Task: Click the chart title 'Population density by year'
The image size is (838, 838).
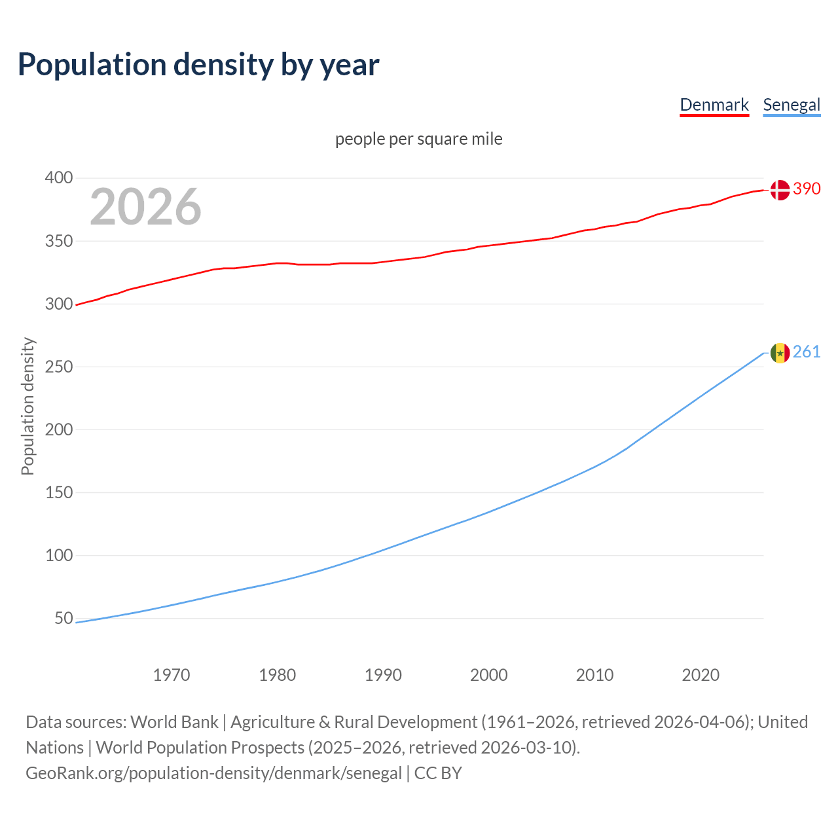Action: pyautogui.click(x=198, y=64)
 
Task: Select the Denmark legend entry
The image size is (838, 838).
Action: pyautogui.click(x=714, y=105)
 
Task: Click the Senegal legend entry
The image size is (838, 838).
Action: pyautogui.click(x=792, y=105)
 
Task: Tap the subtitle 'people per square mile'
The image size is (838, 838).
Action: pyautogui.click(x=418, y=139)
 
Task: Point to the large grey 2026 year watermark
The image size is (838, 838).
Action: pyautogui.click(x=145, y=207)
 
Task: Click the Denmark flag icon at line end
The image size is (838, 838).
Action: pyautogui.click(x=780, y=190)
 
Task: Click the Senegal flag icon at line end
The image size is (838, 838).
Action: pyautogui.click(x=780, y=353)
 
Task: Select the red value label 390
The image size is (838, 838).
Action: pyautogui.click(x=807, y=189)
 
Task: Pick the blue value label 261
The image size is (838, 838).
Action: pyautogui.click(x=807, y=352)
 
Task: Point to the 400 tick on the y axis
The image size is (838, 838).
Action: pyautogui.click(x=58, y=178)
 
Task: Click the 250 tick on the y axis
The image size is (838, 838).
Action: pyautogui.click(x=58, y=367)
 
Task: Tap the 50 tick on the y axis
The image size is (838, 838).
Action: pyautogui.click(x=64, y=618)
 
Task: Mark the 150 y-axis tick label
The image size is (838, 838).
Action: pyautogui.click(x=58, y=492)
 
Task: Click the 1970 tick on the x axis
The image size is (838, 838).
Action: pyautogui.click(x=172, y=675)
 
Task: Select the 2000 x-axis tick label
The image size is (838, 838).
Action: pyautogui.click(x=488, y=675)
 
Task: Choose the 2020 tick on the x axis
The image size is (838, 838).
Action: pyautogui.click(x=701, y=675)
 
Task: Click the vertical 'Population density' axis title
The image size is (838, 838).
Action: pyautogui.click(x=27, y=406)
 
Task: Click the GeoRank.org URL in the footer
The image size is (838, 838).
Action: pyautogui.click(x=213, y=773)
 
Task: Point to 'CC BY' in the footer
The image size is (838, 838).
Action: pyautogui.click(x=438, y=773)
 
